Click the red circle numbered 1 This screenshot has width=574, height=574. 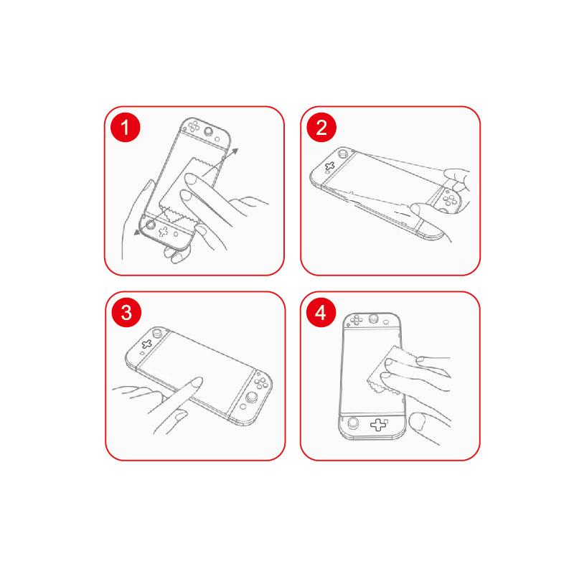pos(125,128)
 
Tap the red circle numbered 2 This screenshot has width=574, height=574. pos(321,128)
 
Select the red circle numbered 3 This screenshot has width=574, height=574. pos(126,313)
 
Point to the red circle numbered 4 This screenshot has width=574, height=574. pos(321,313)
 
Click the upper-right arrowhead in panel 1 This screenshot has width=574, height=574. pos(235,152)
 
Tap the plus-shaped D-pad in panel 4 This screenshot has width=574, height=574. pos(378,425)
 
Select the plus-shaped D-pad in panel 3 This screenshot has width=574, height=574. pos(147,344)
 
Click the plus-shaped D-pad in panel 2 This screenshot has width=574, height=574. pos(330,166)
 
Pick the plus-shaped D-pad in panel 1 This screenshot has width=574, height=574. pos(164,231)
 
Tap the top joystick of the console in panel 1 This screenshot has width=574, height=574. pos(209,132)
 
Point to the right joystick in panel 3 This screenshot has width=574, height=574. pos(251,397)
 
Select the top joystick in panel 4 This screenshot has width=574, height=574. pos(374,318)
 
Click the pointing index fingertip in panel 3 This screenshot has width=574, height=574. pos(197,382)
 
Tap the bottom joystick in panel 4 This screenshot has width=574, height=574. pos(353,423)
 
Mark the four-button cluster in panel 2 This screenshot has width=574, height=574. pos(450,199)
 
